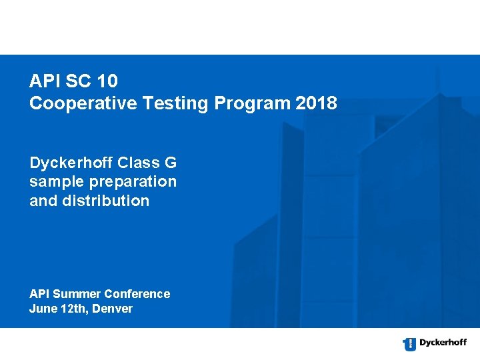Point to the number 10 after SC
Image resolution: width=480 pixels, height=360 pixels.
click(107, 82)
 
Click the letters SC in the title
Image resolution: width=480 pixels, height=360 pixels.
click(78, 82)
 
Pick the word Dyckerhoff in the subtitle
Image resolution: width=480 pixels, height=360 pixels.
click(70, 163)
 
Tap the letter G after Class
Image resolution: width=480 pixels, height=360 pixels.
click(171, 163)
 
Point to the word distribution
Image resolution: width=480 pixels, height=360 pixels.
click(104, 201)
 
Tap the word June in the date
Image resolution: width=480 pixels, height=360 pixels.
click(42, 309)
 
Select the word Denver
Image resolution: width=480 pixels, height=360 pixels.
click(113, 309)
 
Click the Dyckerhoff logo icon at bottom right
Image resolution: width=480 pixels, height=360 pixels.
click(409, 344)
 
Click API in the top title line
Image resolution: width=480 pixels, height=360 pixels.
click(43, 82)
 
